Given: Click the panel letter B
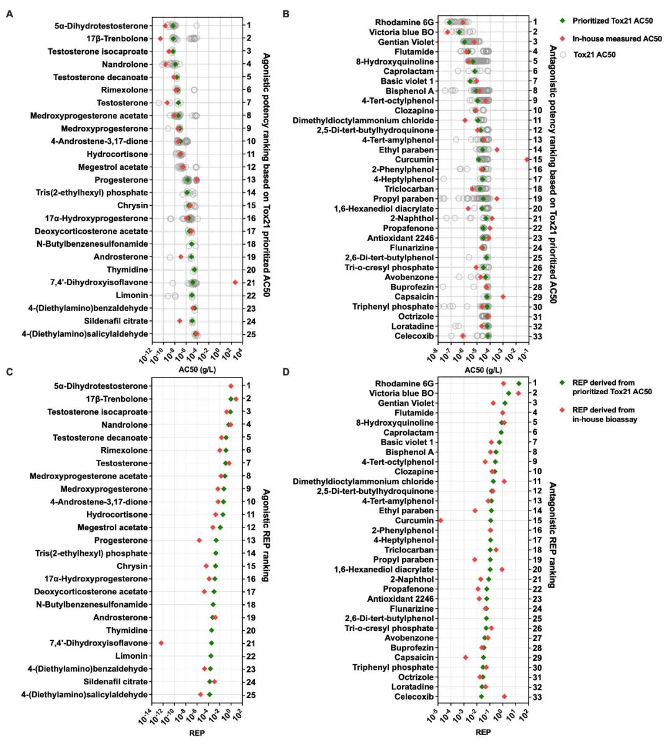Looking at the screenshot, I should pos(286,13).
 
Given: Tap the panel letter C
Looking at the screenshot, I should pos(9,372).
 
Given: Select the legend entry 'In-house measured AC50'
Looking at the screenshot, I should pos(617,38).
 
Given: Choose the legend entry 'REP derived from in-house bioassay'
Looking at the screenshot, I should pos(604,415).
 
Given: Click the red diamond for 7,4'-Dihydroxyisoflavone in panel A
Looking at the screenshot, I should pos(235,283).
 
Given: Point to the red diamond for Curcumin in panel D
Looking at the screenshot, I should pos(440,521).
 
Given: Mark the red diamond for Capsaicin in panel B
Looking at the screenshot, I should pos(503,297).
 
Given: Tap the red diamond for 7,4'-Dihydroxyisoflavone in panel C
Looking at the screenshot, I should pos(161,643).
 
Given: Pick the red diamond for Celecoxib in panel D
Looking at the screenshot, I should pos(504,697).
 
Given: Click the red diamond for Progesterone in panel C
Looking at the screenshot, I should pos(199,540).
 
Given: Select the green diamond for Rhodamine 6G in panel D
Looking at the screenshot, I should pos(519,384).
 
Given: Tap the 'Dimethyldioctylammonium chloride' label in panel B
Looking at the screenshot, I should pos(363,120).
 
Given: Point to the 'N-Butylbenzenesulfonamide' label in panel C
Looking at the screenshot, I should pos(92,605).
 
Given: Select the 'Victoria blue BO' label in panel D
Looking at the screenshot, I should pos(401,394).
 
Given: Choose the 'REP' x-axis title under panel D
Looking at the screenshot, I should pos(483,732).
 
